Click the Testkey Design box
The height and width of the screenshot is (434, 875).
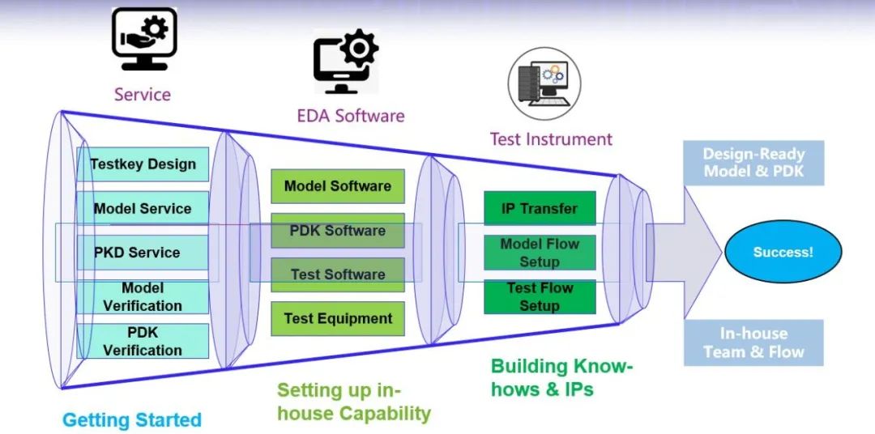[x=143, y=164]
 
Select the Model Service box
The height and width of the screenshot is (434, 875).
[x=143, y=209]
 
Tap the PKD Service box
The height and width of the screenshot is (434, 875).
[x=143, y=252]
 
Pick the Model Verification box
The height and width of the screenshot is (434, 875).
[x=143, y=297]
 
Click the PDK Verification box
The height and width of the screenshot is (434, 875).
[x=143, y=341]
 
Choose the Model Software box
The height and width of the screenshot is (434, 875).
[x=338, y=186]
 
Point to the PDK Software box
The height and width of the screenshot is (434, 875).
[x=338, y=231]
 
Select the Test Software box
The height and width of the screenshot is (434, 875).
[x=338, y=274]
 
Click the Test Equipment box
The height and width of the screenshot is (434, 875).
[x=338, y=318]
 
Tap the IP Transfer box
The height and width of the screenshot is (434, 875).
[x=540, y=208]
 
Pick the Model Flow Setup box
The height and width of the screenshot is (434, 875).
[x=540, y=252]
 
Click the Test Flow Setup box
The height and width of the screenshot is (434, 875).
[x=540, y=297]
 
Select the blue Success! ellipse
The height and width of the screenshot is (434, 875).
[x=783, y=252]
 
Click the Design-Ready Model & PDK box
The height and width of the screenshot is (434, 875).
[x=753, y=163]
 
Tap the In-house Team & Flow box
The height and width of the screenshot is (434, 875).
[x=753, y=343]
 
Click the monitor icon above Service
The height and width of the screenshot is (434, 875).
[x=144, y=39]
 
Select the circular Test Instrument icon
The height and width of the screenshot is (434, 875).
[x=544, y=83]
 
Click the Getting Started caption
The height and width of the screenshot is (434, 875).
[x=132, y=420]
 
